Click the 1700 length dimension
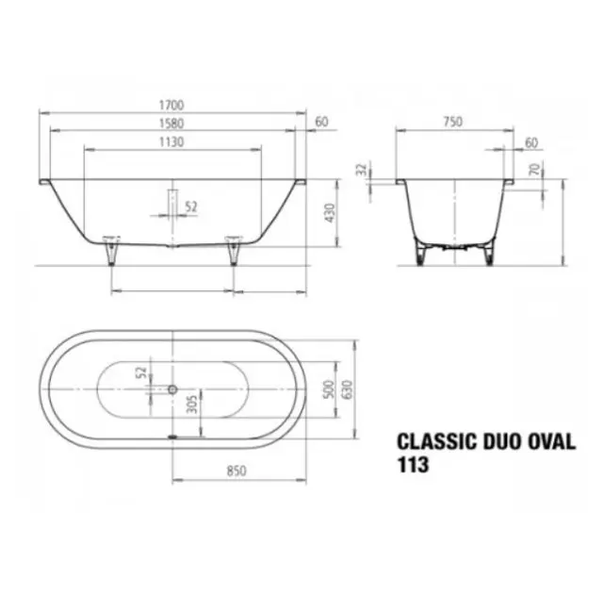pyautogui.click(x=171, y=105)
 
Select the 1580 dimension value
pyautogui.click(x=171, y=124)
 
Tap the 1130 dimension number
pyautogui.click(x=171, y=142)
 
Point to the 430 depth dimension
pyautogui.click(x=330, y=213)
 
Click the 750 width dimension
pyautogui.click(x=452, y=122)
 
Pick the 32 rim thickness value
pyautogui.click(x=362, y=170)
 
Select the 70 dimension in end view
pyautogui.click(x=535, y=169)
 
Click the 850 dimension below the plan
pyautogui.click(x=237, y=470)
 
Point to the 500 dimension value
pyautogui.click(x=329, y=389)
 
